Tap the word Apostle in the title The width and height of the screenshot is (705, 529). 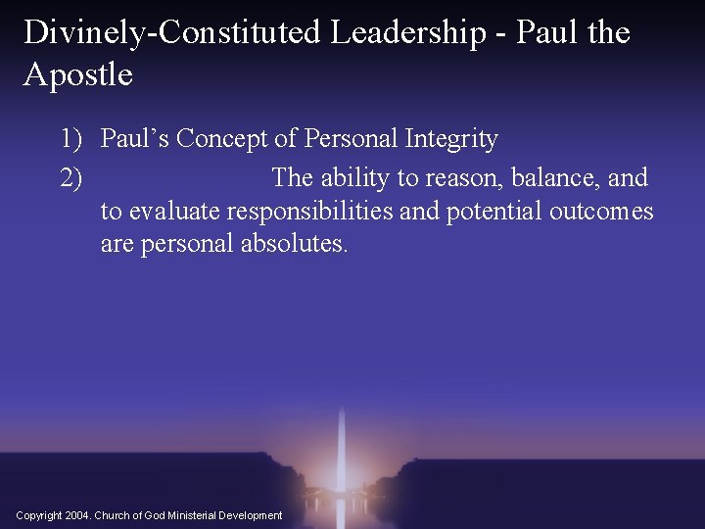pyautogui.click(x=78, y=73)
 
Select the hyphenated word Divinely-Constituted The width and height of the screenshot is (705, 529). pyautogui.click(x=173, y=32)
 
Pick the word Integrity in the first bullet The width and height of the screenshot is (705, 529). pyautogui.click(x=449, y=140)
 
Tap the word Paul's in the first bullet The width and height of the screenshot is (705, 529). pyautogui.click(x=135, y=140)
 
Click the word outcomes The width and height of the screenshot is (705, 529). pyautogui.click(x=601, y=211)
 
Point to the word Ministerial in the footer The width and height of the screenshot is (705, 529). pyautogui.click(x=189, y=515)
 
